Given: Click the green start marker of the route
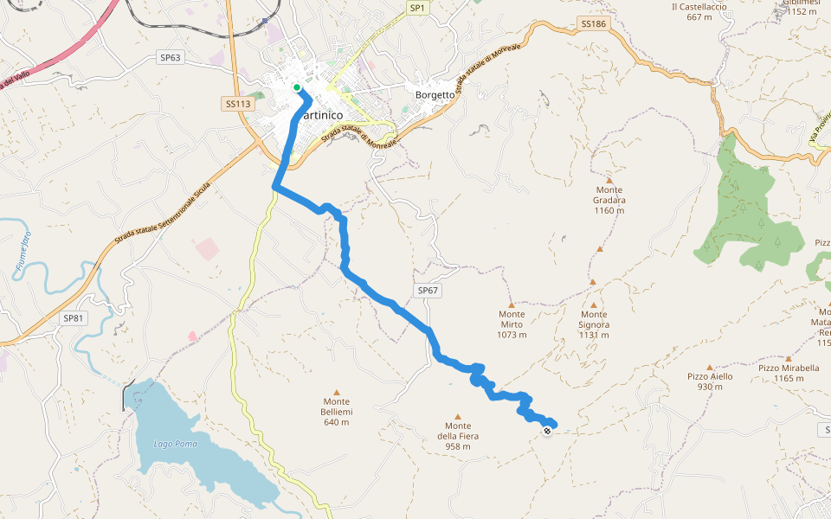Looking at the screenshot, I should point(297,87).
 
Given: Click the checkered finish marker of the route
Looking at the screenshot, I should point(547,430).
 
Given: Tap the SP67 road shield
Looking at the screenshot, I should point(428,292).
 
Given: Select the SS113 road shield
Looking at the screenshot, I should point(237,104).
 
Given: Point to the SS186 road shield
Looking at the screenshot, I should point(594,24).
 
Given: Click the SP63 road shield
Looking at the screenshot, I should point(171,58).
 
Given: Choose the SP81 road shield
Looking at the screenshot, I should point(74,318).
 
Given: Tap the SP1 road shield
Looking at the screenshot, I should point(418,8).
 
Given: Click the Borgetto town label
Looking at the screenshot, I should point(435,95).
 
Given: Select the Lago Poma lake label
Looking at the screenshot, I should point(176,444).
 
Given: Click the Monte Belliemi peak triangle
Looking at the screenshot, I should point(337,391).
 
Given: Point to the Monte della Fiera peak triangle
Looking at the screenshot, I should point(458,416).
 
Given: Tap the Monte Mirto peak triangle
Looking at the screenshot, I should point(512,304).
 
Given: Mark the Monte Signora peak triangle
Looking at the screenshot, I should point(594,304).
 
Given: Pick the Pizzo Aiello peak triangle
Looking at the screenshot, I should point(710,367).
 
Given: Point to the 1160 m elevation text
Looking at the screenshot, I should point(609,210).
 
